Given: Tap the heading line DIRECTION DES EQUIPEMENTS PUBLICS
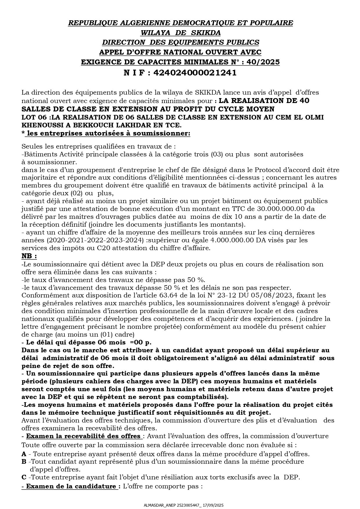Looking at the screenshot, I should pos(180,42).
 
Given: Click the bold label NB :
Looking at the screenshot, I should pos(29,256).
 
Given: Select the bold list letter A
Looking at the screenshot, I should pos(24,454).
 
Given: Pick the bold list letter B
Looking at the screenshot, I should pos(24,461).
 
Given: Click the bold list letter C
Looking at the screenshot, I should pos(24,477).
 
